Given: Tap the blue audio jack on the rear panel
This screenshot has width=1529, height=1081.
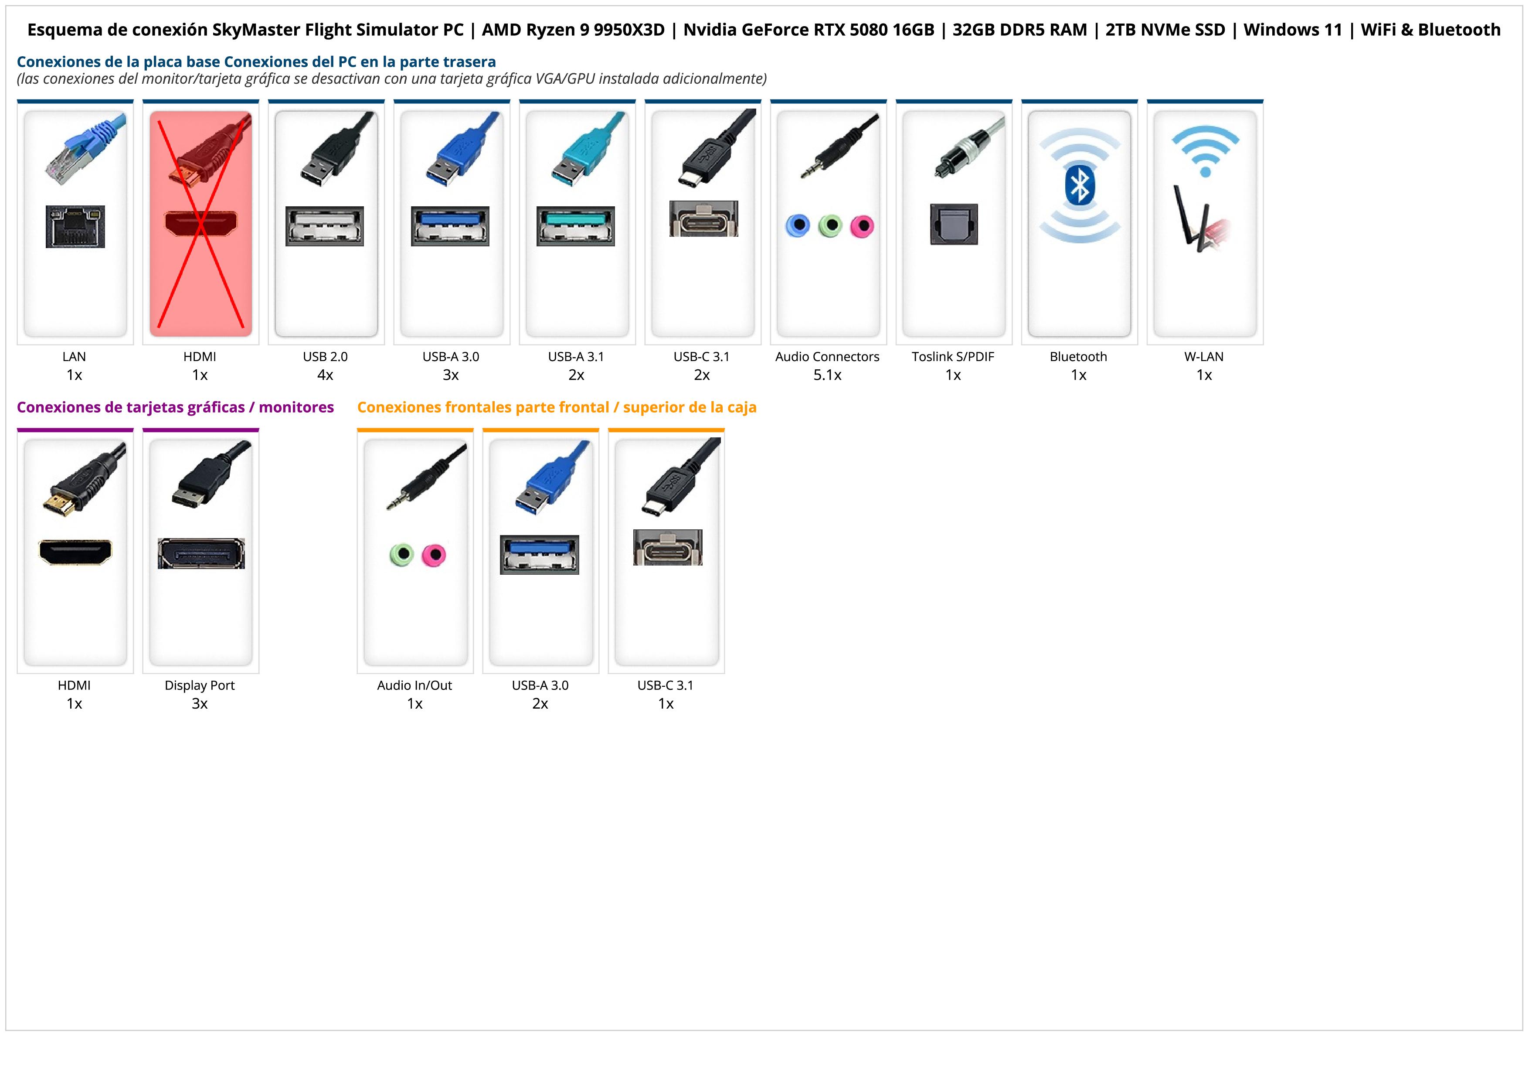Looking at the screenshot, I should pyautogui.click(x=797, y=226).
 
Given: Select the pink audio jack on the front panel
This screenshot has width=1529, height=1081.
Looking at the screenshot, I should pyautogui.click(x=434, y=554).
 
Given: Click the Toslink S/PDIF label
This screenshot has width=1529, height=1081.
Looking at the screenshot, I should pyautogui.click(x=952, y=357).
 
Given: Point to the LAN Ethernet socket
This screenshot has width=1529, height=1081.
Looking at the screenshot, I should pyautogui.click(x=75, y=227).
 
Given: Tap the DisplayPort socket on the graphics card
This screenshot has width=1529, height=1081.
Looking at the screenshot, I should pyautogui.click(x=200, y=553).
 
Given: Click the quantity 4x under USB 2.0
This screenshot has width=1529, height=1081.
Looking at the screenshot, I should pyautogui.click(x=325, y=375).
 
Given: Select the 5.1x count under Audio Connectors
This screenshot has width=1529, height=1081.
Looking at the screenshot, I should pyautogui.click(x=827, y=375).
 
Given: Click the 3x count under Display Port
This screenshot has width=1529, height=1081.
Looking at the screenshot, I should pyautogui.click(x=200, y=704).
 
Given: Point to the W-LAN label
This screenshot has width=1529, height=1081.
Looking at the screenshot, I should pyautogui.click(x=1203, y=357).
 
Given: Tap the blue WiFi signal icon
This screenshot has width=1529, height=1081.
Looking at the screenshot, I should pyautogui.click(x=1205, y=150).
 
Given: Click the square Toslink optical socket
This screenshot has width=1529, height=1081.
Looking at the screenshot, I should pyautogui.click(x=954, y=225).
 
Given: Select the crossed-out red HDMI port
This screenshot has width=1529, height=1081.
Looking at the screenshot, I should pyautogui.click(x=200, y=223).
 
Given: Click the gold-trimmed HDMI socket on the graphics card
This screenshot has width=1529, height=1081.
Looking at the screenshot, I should pyautogui.click(x=75, y=552).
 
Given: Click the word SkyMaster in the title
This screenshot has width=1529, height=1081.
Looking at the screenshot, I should pyautogui.click(x=256, y=30).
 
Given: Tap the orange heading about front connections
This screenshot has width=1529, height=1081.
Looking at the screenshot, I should pyautogui.click(x=556, y=408).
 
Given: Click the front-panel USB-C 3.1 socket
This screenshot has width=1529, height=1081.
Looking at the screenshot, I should pyautogui.click(x=667, y=548).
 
